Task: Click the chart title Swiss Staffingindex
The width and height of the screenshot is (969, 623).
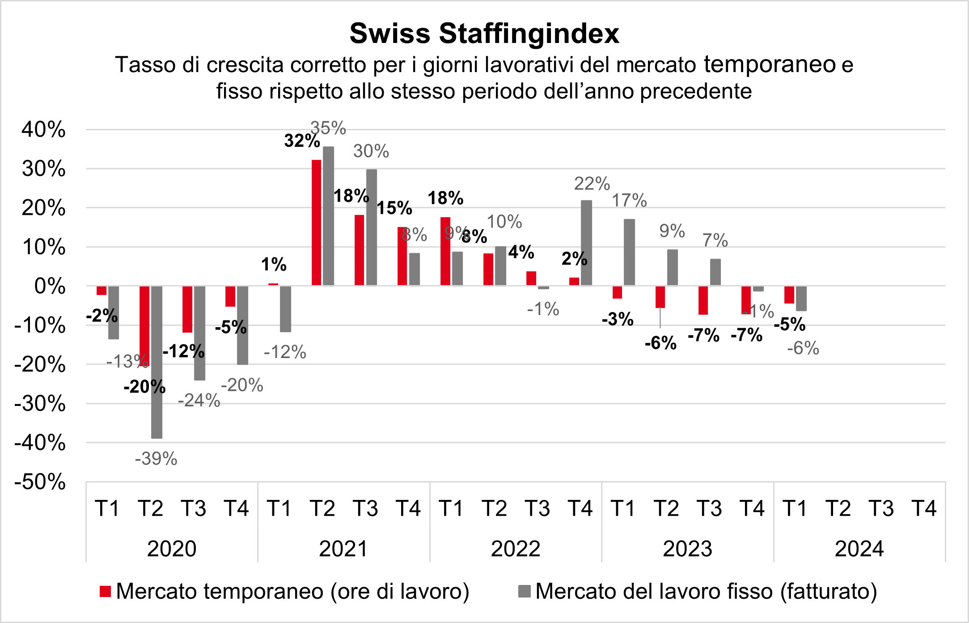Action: pos(484,34)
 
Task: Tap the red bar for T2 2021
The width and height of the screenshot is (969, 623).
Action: pos(316,222)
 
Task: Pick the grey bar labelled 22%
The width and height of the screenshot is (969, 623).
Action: pos(586,243)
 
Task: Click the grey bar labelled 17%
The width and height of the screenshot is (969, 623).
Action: pos(629,252)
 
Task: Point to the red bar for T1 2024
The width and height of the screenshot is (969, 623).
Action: pos(789,294)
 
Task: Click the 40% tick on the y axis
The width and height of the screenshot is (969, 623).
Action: pos(44,130)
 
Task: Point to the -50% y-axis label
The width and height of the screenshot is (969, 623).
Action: pos(40,482)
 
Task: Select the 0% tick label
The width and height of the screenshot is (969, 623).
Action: pos(50,286)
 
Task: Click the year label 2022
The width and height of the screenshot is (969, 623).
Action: pos(516,549)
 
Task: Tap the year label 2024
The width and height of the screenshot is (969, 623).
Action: pos(859,549)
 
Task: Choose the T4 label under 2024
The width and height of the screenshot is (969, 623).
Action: pos(924,508)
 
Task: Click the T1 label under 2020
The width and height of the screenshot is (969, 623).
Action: pos(107,508)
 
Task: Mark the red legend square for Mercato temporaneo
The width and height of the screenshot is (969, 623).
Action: pos(105,592)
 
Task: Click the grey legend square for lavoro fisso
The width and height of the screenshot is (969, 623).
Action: pos(524,592)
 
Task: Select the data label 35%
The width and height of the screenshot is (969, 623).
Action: pos(328,128)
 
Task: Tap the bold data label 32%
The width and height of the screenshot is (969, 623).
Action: pos(302,141)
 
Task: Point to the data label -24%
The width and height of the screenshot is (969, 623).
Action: pos(199,401)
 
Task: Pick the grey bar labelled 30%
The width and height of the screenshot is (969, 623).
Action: pos(372,227)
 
